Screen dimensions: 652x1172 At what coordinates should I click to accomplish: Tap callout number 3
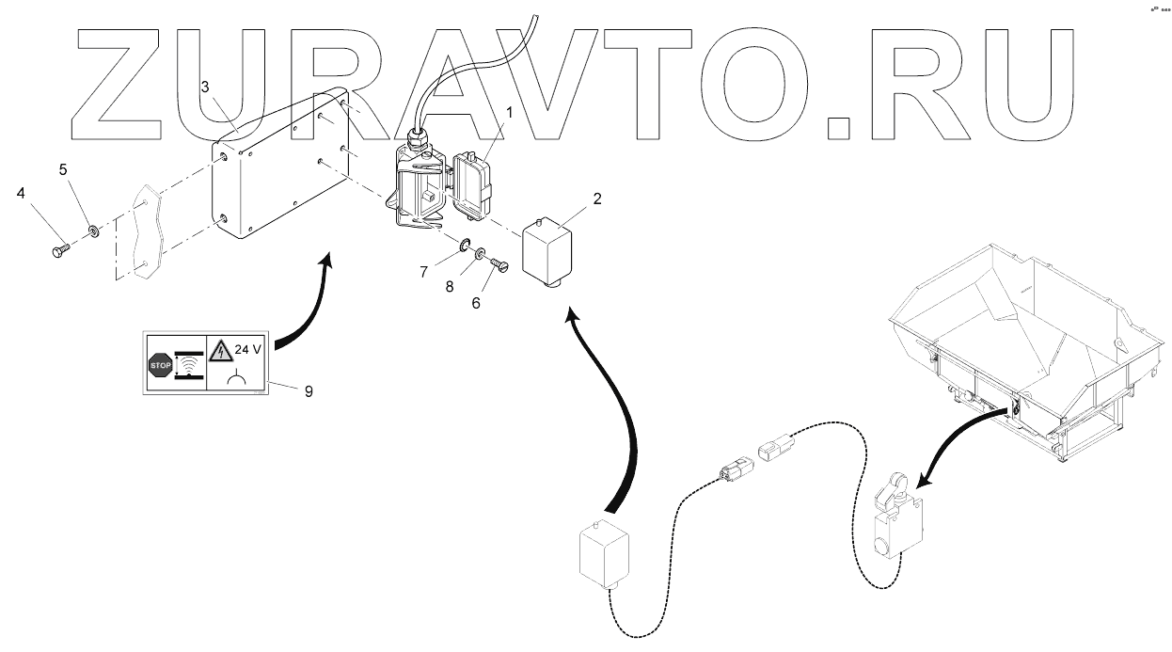pyautogui.click(x=206, y=87)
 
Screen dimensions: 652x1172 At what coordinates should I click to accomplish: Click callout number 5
pyautogui.click(x=64, y=170)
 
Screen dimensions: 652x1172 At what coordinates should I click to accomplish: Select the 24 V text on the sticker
pyautogui.click(x=249, y=349)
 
